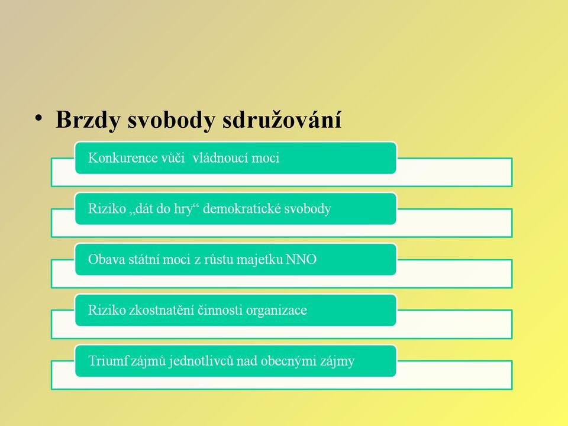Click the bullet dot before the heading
39,118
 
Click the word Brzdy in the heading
88,120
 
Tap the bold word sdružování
282,119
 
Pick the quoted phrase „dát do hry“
164,209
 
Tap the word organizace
276,311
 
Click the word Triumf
107,361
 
